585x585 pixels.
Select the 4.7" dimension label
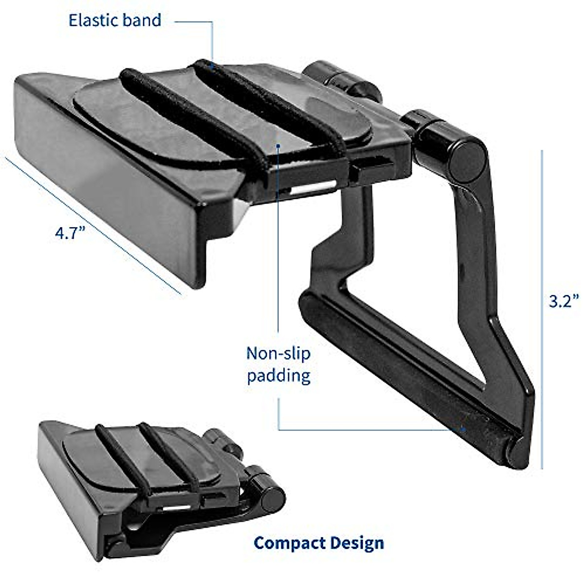pyautogui.click(x=70, y=234)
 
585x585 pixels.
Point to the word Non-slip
pyautogui.click(x=278, y=353)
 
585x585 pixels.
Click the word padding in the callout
pyautogui.click(x=278, y=376)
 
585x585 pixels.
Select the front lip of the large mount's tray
pyautogui.click(x=107, y=185)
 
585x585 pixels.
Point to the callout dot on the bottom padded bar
pyautogui.click(x=464, y=429)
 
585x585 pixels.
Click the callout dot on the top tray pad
pyautogui.click(x=278, y=145)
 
